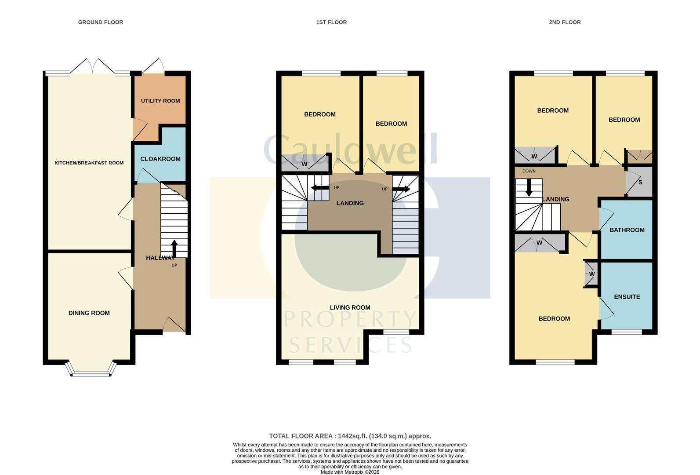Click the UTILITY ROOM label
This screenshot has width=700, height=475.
coord(160,101)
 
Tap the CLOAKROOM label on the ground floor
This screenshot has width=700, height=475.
coord(160,159)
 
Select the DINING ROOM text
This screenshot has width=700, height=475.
coord(89,313)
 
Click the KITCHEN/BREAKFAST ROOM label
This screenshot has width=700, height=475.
coord(89,163)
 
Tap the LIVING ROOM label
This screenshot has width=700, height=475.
coord(350,307)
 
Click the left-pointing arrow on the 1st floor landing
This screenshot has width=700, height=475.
coord(319,188)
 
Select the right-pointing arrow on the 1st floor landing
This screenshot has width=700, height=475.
coord(401,189)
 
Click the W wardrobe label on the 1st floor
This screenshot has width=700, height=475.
coord(304,164)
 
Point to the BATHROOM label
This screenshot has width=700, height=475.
coord(627,230)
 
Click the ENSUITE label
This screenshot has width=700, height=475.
coord(627,297)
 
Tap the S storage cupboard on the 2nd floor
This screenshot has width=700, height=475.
coord(640,182)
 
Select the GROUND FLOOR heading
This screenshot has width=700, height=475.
coord(100,22)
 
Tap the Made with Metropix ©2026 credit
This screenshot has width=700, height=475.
coord(350,472)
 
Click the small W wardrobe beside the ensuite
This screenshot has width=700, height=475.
coord(591,274)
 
